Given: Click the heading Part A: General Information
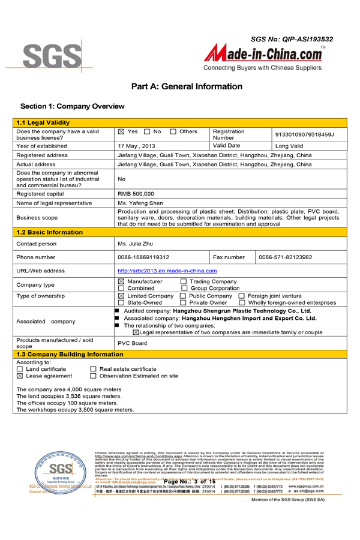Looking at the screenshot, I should click(x=187, y=86).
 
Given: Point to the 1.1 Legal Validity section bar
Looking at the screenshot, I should click(x=180, y=123).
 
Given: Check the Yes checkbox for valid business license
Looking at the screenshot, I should click(x=121, y=131).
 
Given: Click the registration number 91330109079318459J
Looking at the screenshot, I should click(x=304, y=135).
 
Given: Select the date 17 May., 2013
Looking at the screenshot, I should click(x=137, y=146).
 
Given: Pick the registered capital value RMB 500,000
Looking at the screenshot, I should click(x=136, y=194).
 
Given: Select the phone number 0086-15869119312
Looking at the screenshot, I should click(x=143, y=257).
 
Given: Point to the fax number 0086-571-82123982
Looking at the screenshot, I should click(x=286, y=257).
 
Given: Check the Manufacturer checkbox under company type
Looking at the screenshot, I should click(x=121, y=281).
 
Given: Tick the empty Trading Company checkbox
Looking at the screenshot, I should click(x=183, y=281).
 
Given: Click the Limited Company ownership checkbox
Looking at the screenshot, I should click(x=121, y=296).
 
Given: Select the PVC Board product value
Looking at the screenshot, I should click(x=132, y=343).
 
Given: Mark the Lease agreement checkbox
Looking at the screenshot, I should click(x=20, y=376).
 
